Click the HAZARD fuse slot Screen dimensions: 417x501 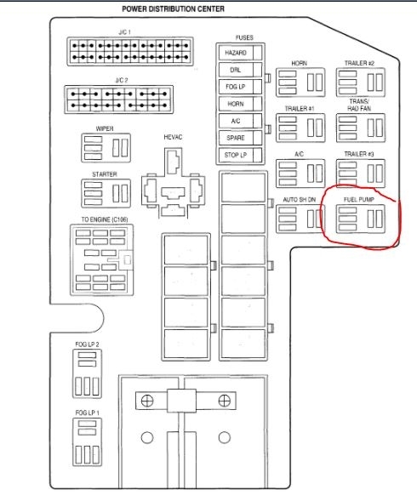(240, 53)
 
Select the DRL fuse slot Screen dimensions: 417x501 (240, 70)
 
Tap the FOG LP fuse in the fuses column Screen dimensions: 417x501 (240, 87)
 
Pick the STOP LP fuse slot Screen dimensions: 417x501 (240, 155)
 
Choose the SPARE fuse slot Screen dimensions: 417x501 (240, 138)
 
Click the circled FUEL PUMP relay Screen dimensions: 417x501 (360, 219)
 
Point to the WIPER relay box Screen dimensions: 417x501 (106, 148)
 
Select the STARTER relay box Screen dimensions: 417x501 (106, 193)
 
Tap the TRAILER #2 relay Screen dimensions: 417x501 (360, 83)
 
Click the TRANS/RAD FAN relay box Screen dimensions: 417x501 (360, 128)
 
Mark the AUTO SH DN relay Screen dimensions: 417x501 (300, 219)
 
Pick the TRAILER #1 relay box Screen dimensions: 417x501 (300, 128)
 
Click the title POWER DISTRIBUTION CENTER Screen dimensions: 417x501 (173, 9)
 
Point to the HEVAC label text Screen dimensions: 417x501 (173, 137)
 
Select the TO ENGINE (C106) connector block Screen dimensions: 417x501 (101, 259)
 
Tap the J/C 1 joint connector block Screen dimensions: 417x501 (130, 51)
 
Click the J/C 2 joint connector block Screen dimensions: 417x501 (118, 100)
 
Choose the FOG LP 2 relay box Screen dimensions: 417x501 (87, 373)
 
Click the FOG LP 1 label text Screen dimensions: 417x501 (87, 413)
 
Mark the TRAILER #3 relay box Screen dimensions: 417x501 (360, 174)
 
